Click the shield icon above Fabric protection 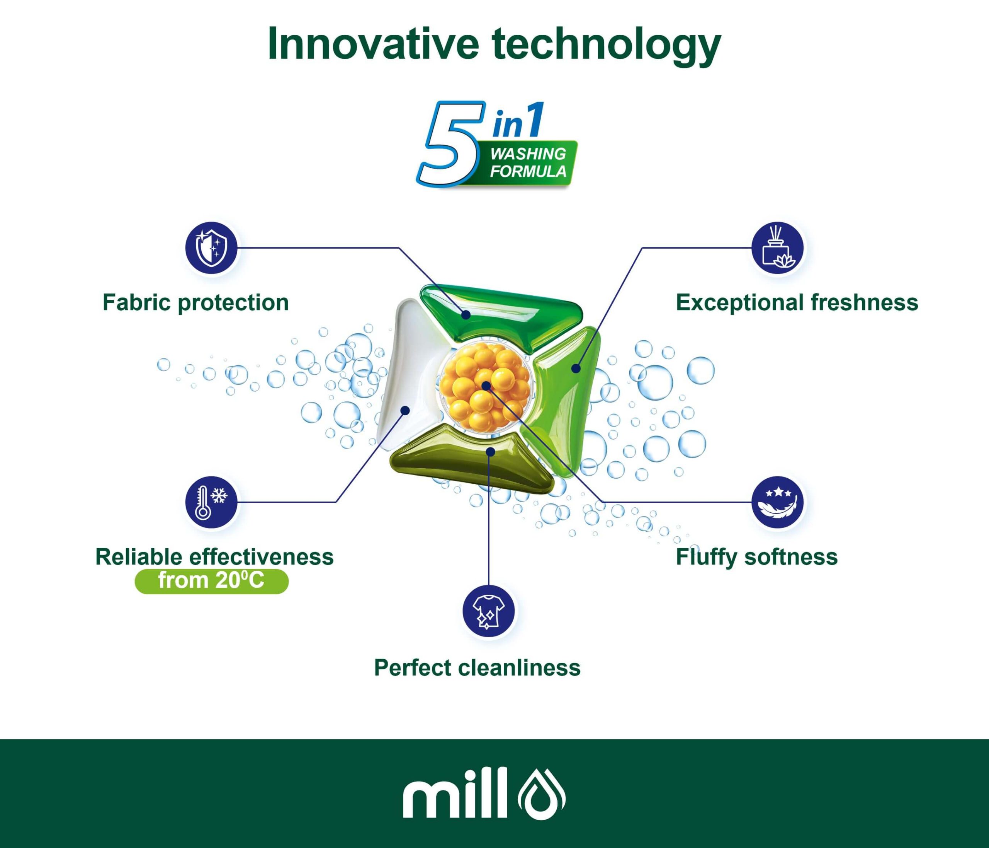(x=211, y=248)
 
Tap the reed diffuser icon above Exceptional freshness (x=778, y=248)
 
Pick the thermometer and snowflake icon (x=211, y=502)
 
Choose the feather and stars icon (x=778, y=502)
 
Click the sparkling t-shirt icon (x=489, y=611)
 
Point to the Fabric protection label (x=196, y=303)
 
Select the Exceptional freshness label (x=797, y=303)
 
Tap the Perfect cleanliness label (x=478, y=668)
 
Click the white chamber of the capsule (x=408, y=373)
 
